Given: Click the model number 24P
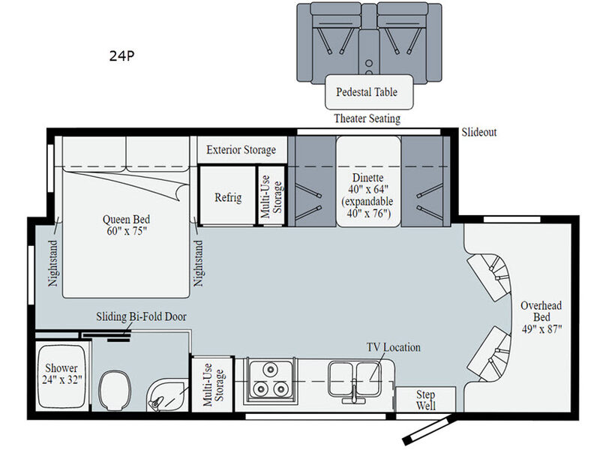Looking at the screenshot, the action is [x=121, y=55].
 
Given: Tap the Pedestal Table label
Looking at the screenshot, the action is [x=367, y=91].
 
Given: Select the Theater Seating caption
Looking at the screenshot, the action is [x=367, y=118].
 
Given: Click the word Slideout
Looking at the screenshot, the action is [x=478, y=133].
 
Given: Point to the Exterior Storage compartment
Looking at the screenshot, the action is [x=241, y=149].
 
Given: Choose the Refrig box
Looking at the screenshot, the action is [x=228, y=195].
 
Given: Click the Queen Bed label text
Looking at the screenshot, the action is [x=126, y=225].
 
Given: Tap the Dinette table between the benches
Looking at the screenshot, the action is [x=368, y=181].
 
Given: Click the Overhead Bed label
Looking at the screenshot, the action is [x=541, y=316].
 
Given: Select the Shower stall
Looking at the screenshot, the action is [x=61, y=377].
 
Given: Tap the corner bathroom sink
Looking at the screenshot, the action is [x=166, y=396].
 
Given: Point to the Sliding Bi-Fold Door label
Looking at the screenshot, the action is [x=141, y=316].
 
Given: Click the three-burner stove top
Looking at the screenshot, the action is [x=271, y=380].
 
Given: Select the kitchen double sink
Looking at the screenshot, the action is [x=354, y=380].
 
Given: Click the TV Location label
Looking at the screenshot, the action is [x=393, y=347].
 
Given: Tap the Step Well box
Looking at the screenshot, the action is [x=425, y=400].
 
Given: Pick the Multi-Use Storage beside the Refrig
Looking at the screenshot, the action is [x=271, y=196].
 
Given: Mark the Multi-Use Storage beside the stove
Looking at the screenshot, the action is [x=213, y=385].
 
